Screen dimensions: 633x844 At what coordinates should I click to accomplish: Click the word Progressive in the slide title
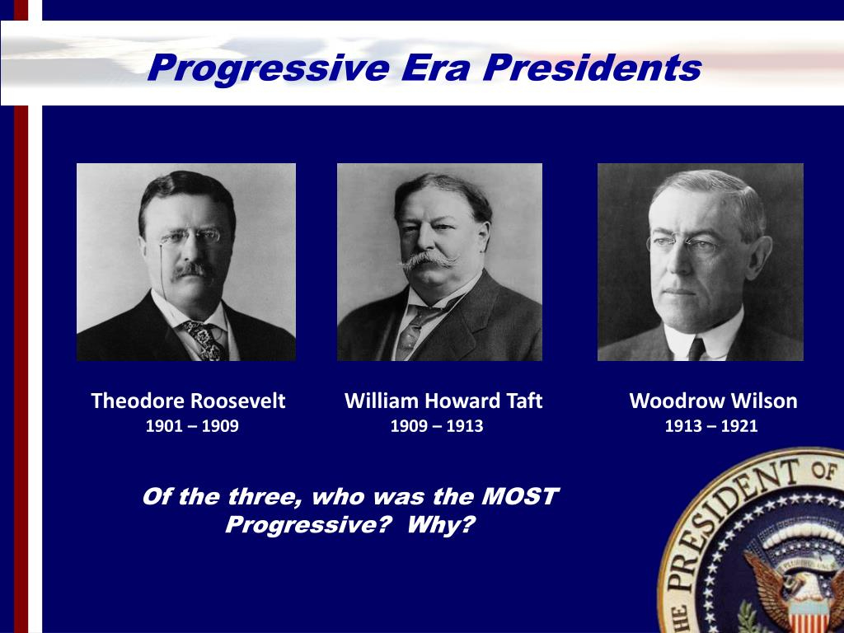268,68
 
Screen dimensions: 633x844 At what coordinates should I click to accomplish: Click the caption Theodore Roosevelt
188,401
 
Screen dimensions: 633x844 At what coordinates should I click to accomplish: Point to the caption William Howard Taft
443,401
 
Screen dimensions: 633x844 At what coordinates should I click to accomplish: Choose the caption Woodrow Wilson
713,401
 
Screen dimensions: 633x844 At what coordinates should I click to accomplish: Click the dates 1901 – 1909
192,427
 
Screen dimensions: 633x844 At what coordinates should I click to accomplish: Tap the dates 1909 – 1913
436,427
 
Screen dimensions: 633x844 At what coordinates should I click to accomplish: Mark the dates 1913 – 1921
710,427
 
